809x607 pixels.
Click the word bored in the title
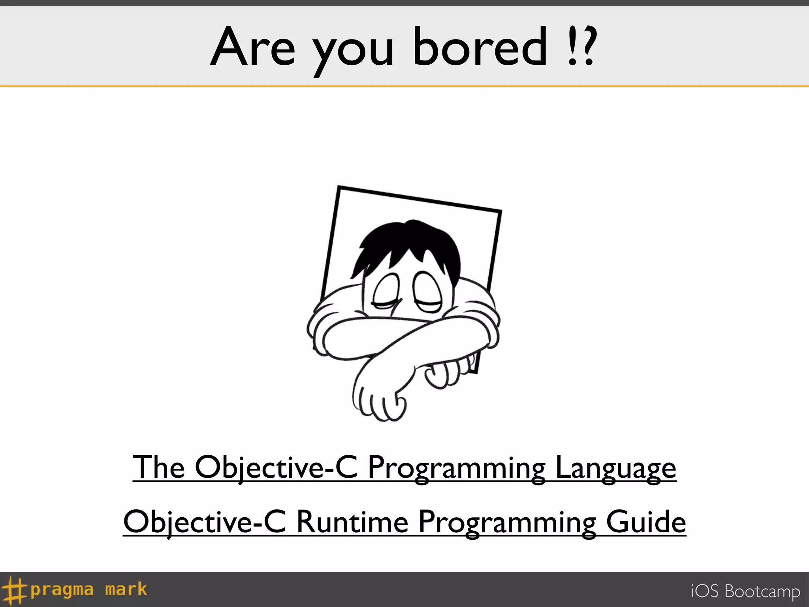point(480,47)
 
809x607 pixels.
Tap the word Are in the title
point(253,47)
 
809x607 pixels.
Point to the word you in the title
point(354,51)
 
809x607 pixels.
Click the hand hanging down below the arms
point(377,399)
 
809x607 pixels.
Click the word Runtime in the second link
point(352,522)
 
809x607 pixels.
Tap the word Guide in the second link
point(646,522)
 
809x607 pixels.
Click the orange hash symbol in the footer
point(14,590)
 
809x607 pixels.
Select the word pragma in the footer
point(62,590)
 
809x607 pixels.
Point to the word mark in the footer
point(126,589)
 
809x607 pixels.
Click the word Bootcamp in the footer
point(762,592)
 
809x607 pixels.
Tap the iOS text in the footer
point(704,591)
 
